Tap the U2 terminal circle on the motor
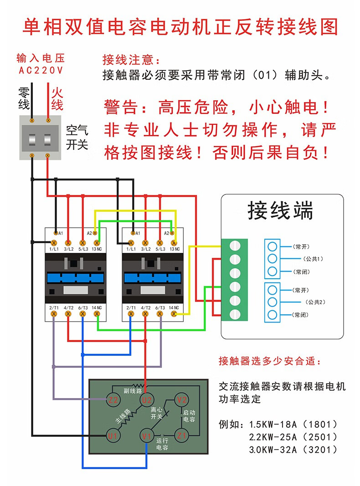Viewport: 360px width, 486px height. (x=146, y=400)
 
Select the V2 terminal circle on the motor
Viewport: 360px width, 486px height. (x=182, y=399)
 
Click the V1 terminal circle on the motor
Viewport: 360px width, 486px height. (x=146, y=436)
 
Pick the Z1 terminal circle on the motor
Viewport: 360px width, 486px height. (x=182, y=435)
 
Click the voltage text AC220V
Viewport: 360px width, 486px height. (x=41, y=71)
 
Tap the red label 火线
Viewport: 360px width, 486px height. (x=56, y=99)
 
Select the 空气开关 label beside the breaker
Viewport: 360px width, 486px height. (x=77, y=138)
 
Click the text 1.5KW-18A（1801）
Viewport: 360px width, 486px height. (x=293, y=425)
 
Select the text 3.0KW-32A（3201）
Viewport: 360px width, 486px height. (x=293, y=450)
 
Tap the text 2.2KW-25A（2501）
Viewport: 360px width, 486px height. (x=293, y=437)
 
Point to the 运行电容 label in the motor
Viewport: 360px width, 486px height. (x=162, y=445)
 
